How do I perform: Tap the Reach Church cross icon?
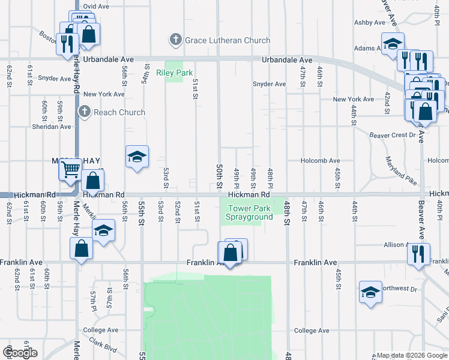85,112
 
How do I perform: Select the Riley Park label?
174,73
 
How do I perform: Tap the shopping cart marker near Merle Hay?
70,170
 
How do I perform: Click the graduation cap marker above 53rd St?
137,158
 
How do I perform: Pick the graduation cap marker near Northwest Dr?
371,292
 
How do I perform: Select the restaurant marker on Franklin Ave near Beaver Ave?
418,253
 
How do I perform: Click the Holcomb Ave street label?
320,161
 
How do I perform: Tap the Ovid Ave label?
96,6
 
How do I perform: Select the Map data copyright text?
412,355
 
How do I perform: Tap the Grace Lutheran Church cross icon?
176,40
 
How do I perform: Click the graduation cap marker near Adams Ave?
393,44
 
